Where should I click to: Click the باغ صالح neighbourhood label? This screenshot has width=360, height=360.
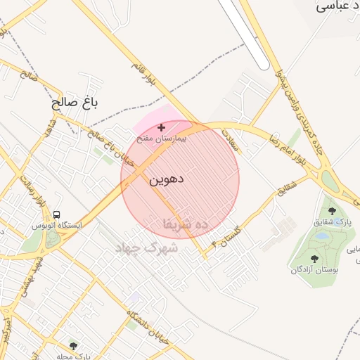73,103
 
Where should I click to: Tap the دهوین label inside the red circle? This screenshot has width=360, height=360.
167,179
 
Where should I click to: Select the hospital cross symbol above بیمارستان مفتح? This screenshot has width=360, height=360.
162,127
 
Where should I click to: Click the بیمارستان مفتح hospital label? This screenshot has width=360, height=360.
162,139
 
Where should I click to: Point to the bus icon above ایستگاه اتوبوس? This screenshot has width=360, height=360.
56,214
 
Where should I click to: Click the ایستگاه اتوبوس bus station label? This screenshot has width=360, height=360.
58,226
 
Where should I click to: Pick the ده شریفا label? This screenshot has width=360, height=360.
186,224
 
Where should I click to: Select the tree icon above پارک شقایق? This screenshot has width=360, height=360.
332,211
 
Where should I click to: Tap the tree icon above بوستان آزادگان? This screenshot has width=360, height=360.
314,259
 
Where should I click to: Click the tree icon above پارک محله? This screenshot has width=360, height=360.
73,346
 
